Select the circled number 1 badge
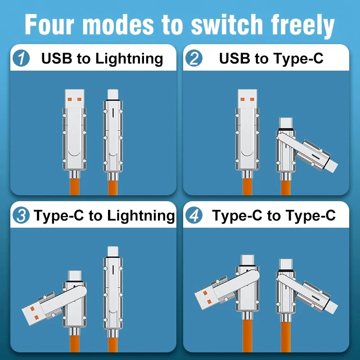[21, 58]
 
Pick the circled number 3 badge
[21, 216]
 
